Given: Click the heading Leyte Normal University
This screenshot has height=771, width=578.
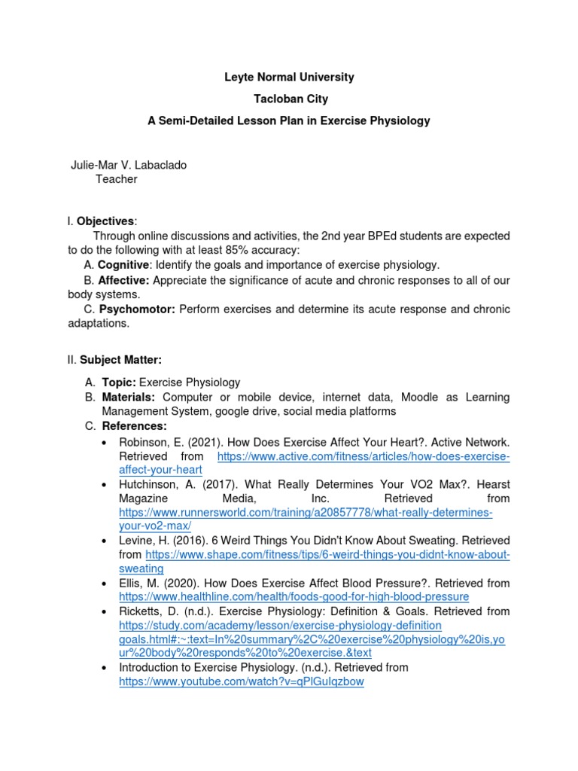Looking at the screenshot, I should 289,78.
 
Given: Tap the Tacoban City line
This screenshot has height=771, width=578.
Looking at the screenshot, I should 289,99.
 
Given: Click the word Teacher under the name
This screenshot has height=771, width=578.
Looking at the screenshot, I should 117,179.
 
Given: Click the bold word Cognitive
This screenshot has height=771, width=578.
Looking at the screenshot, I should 125,265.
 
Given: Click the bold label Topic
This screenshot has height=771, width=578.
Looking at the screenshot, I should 119,382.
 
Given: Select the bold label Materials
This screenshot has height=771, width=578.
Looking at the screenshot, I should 129,397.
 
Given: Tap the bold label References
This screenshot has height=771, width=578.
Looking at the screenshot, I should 134,426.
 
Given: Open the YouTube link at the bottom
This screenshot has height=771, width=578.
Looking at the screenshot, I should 242,682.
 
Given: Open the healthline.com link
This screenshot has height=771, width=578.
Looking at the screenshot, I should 294,596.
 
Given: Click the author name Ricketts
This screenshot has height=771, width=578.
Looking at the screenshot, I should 140,611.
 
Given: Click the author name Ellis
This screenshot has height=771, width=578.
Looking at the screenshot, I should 131,583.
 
